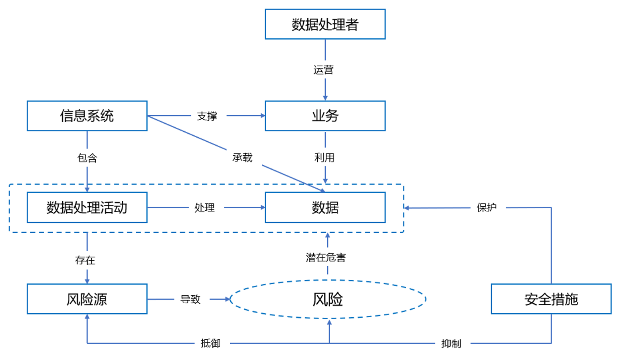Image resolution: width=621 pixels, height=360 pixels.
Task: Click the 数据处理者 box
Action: [x=325, y=24]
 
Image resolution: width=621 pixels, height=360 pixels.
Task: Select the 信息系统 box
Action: [x=87, y=116]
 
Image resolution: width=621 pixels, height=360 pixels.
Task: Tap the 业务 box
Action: [x=325, y=116]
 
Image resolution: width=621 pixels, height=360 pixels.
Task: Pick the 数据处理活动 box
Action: [x=87, y=208]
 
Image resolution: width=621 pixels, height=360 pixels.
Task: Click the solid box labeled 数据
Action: [x=325, y=208]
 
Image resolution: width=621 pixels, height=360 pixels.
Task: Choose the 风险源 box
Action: [x=87, y=299]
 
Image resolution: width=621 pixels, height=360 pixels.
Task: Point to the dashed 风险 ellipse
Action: [x=328, y=299]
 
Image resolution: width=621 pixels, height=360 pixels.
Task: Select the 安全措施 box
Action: [x=551, y=299]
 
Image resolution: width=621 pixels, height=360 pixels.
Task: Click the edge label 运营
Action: [x=323, y=70]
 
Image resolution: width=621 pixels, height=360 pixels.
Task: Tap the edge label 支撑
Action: [x=207, y=116]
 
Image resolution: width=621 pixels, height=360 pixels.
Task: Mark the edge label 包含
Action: [x=87, y=158]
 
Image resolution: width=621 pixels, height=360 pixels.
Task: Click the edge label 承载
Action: [x=242, y=158]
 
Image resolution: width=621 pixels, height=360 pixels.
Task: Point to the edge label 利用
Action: [x=324, y=158]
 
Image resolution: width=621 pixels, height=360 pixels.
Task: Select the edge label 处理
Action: [x=204, y=208]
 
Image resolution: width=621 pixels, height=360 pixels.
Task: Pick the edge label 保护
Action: [x=487, y=208]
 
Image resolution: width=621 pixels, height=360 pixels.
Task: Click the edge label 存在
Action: [x=85, y=260]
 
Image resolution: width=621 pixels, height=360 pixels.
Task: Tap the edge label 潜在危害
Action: [x=326, y=257]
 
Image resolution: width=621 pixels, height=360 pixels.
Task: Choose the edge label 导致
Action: [x=190, y=299]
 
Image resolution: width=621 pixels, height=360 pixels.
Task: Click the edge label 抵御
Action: [x=210, y=343]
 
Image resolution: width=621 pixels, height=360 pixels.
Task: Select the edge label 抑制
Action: [x=451, y=343]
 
